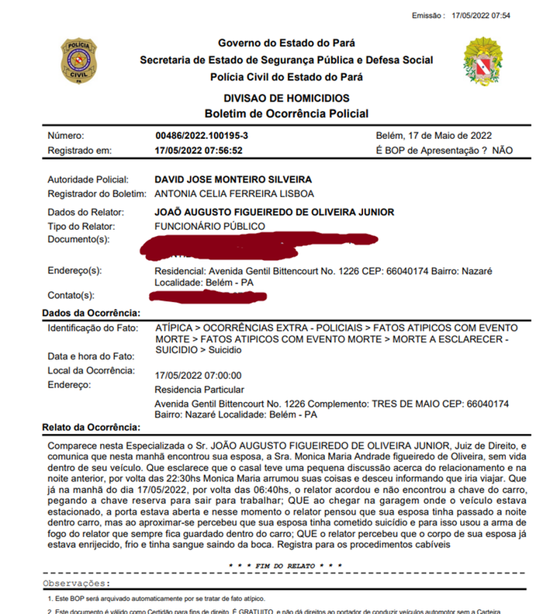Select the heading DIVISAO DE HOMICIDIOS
click(x=286, y=99)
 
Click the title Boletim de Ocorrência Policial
click(x=286, y=113)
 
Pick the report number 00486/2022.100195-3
click(x=202, y=135)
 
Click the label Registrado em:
click(x=80, y=151)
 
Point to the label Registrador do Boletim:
click(x=97, y=193)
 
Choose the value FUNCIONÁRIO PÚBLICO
click(x=210, y=226)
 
